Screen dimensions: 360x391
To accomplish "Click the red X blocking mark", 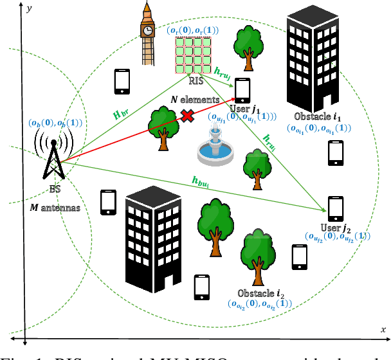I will (188, 116).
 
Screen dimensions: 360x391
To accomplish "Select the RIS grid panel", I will (194, 55).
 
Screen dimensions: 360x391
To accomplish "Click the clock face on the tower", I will (149, 30).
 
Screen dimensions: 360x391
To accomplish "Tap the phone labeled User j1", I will (242, 90).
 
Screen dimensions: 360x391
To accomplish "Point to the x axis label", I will (383, 330).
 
